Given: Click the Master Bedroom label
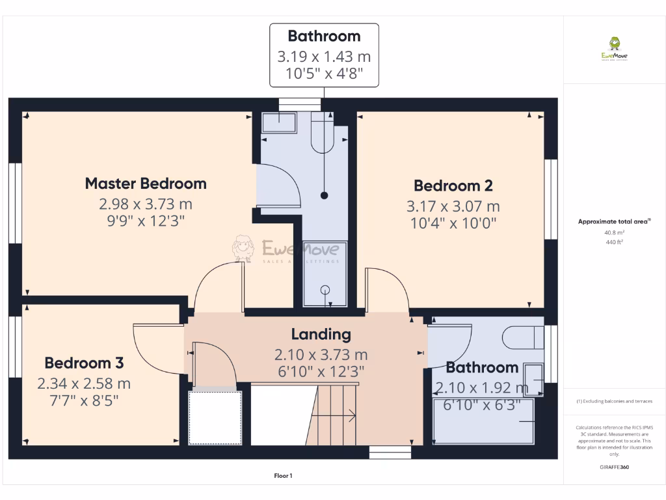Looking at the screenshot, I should click(146, 184).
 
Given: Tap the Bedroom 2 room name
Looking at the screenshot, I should click(453, 186).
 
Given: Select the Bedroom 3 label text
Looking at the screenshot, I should click(84, 363).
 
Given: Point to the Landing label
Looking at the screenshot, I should click(321, 335).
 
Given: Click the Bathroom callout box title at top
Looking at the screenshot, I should click(324, 36).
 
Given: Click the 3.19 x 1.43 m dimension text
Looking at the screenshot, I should click(324, 57).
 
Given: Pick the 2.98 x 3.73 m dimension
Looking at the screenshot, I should click(146, 204).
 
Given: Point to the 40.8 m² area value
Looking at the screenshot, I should click(615, 232).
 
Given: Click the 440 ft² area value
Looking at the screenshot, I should click(615, 242).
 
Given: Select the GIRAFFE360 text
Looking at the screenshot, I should click(615, 467).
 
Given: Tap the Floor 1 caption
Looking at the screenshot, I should click(283, 476).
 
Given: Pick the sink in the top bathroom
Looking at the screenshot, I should click(279, 124).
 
